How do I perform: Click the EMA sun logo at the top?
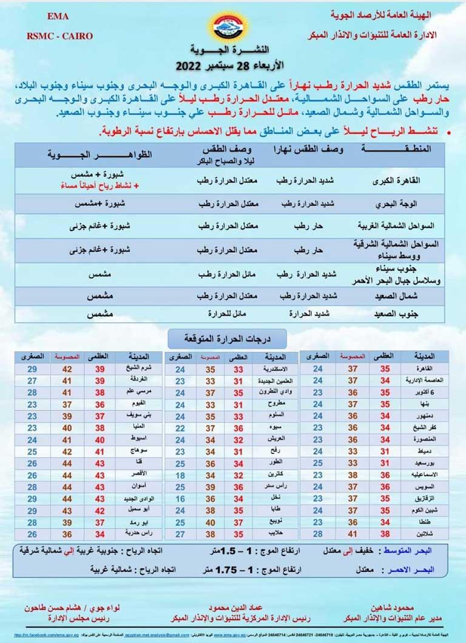(233, 26)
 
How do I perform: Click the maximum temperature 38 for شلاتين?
(385, 533)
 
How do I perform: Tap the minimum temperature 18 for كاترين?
(180, 474)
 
